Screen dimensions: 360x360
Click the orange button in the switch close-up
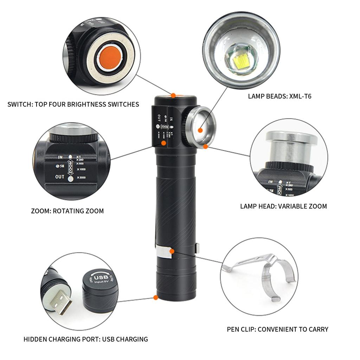coord(109,58)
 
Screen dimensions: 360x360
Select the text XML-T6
coord(299,96)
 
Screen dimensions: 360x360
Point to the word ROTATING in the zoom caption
coord(70,211)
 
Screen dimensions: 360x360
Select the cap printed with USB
coord(98,287)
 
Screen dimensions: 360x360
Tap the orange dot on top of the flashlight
coord(173,95)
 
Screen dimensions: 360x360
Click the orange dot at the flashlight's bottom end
coord(155,298)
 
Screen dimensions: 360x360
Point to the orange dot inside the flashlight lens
coord(200,130)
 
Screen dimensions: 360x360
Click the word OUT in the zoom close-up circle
coord(59,177)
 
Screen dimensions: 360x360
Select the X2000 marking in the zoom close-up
coord(81,178)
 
